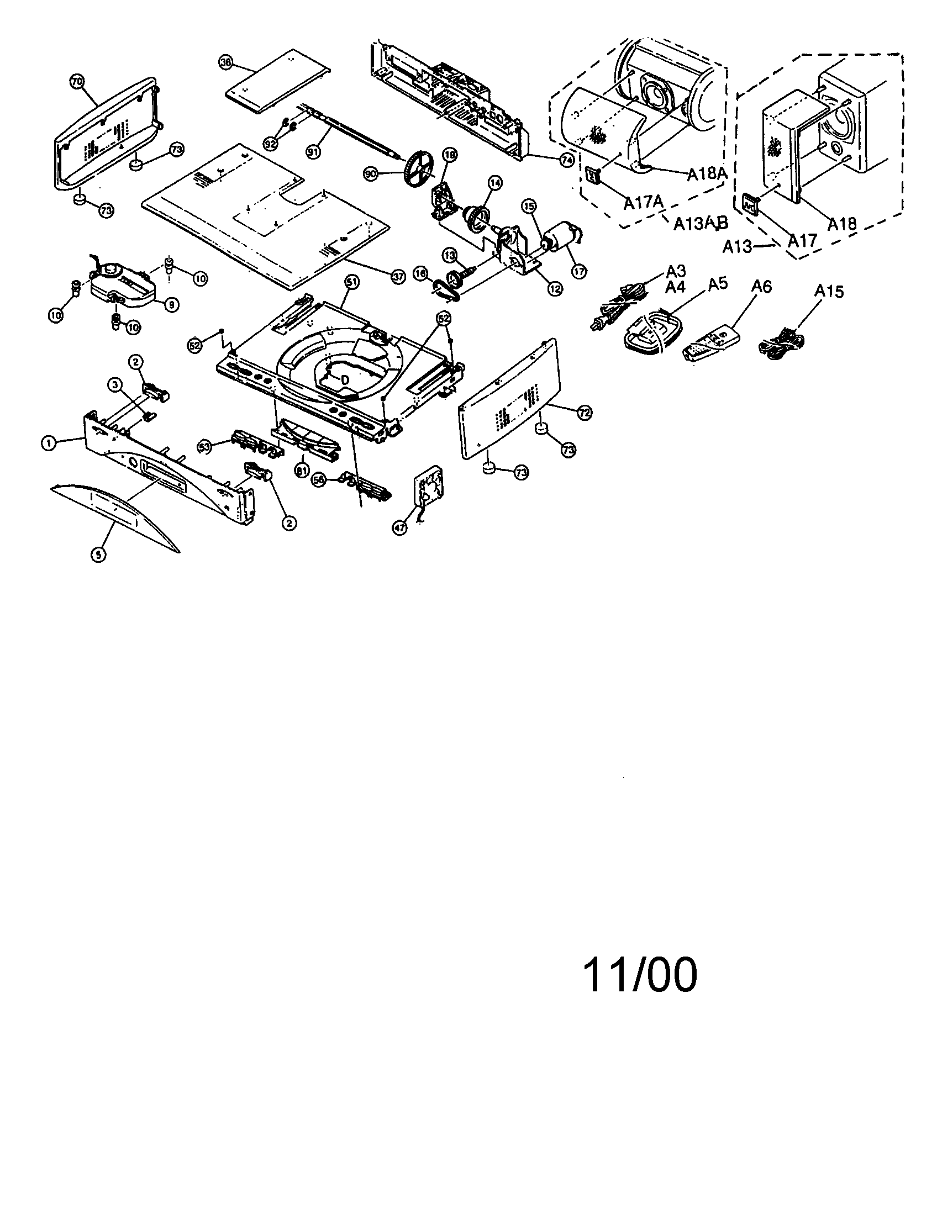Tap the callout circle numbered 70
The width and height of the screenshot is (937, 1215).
click(x=77, y=82)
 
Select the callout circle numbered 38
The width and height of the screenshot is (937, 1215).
click(x=225, y=63)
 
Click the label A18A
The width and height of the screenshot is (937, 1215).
click(x=706, y=174)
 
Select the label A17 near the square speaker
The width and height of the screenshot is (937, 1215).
click(x=802, y=240)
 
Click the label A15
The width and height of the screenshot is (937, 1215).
click(x=829, y=291)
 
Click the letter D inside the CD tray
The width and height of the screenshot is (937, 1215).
click(x=344, y=380)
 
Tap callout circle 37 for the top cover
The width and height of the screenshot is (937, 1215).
click(x=397, y=278)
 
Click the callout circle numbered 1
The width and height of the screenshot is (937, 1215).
click(x=49, y=443)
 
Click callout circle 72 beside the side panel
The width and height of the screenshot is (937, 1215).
click(x=584, y=413)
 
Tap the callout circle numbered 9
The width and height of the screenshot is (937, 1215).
click(x=171, y=304)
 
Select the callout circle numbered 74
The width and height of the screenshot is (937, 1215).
click(x=566, y=159)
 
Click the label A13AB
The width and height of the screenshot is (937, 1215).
click(x=701, y=224)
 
